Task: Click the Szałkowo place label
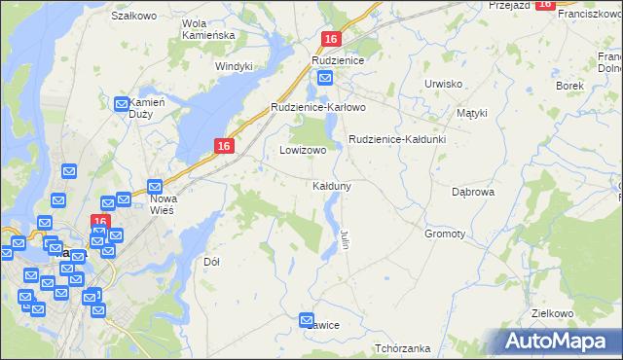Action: (134, 16)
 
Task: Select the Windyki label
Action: (234, 66)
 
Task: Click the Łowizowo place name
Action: (303, 151)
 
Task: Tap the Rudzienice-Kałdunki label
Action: (397, 139)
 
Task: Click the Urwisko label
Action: (443, 84)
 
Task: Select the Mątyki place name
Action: (472, 113)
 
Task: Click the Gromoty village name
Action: (445, 234)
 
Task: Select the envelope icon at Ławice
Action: (308, 319)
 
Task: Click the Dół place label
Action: (211, 262)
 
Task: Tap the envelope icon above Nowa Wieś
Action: (155, 187)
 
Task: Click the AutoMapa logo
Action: (557, 341)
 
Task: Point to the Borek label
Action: (568, 86)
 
